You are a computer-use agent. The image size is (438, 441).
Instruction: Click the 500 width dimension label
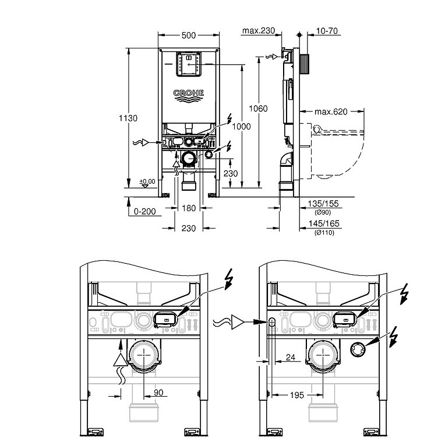tap(188, 36)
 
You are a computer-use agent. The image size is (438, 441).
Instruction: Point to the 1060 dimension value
tap(258, 108)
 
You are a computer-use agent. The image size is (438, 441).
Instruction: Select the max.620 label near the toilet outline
tap(331, 111)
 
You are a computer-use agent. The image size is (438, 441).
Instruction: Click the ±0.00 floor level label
tap(147, 181)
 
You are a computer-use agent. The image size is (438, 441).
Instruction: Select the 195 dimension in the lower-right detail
tap(297, 395)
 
